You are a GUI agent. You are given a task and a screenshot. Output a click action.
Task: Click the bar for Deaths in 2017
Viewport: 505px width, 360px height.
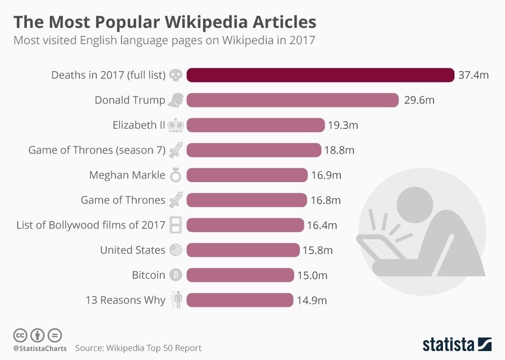320,75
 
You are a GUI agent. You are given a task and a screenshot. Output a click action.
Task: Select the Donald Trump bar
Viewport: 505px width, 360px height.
292,100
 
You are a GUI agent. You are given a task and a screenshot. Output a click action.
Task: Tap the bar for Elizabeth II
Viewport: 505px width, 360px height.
256,125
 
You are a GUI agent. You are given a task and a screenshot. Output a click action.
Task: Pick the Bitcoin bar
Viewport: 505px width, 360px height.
240,275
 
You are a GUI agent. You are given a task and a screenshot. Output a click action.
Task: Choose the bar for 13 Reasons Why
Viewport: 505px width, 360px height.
239,300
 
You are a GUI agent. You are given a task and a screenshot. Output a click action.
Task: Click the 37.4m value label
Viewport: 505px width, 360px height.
473,75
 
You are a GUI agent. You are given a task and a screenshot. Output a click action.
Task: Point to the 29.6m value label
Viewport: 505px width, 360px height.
419,100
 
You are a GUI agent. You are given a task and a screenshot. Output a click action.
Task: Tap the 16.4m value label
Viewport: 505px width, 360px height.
322,225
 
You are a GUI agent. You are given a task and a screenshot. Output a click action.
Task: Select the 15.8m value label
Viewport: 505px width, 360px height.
318,250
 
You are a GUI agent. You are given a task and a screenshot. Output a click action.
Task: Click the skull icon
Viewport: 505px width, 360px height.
176,75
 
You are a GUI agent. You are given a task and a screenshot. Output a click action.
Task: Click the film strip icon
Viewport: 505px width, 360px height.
176,225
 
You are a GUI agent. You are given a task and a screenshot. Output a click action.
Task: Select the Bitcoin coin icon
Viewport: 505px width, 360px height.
176,275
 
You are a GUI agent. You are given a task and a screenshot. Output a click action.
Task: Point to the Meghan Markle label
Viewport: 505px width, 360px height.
127,175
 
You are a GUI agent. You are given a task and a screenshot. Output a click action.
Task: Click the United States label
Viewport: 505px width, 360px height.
133,250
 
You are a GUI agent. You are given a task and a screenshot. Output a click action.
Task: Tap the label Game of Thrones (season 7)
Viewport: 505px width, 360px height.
97,151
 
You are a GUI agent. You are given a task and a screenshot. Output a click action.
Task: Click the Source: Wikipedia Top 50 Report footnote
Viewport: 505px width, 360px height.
138,348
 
